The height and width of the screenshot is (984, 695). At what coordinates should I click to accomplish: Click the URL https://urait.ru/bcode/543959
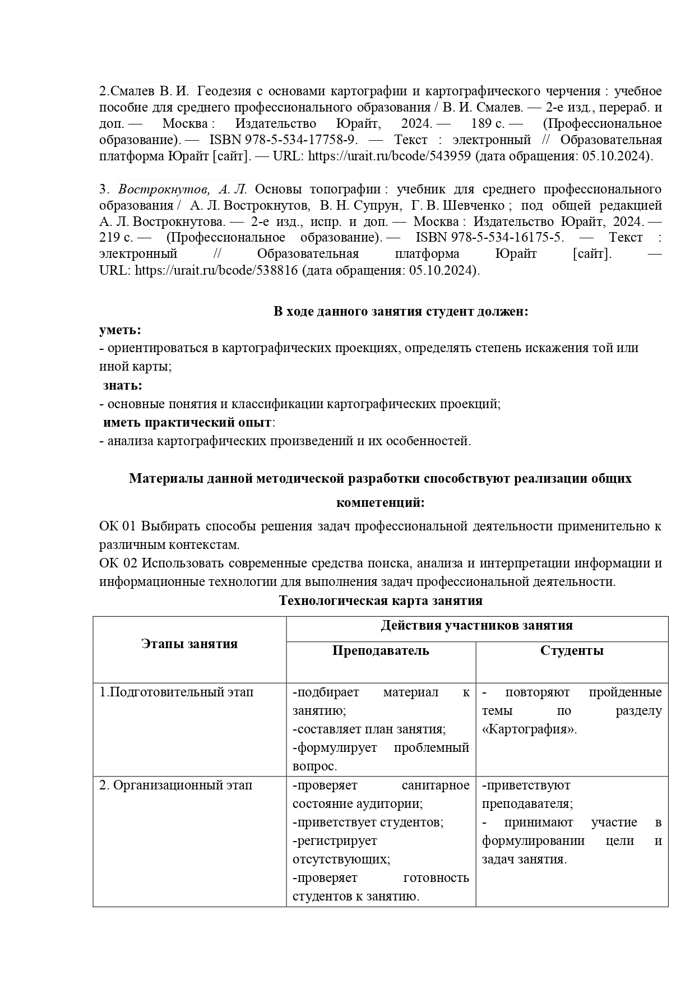click(x=389, y=156)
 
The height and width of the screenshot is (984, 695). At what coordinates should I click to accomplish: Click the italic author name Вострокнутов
click(x=157, y=189)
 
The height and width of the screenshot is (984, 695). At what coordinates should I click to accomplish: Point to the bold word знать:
click(x=123, y=385)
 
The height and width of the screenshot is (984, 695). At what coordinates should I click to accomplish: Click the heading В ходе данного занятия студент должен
click(x=400, y=311)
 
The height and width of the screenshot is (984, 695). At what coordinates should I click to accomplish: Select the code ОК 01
click(x=118, y=526)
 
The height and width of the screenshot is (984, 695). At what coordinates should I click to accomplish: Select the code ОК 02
click(x=118, y=563)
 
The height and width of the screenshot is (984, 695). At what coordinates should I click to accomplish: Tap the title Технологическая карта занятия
click(x=381, y=600)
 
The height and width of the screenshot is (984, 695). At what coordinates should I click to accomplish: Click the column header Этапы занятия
click(x=189, y=643)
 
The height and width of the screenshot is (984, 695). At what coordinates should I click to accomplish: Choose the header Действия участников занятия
click(x=476, y=625)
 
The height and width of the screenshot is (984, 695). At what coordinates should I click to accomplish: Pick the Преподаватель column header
click(x=381, y=650)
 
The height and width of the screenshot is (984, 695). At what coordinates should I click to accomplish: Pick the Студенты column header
click(x=572, y=650)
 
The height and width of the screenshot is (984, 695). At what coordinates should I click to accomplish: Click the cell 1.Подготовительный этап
click(x=177, y=692)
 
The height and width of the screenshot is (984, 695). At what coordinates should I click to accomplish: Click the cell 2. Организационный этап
click(x=176, y=785)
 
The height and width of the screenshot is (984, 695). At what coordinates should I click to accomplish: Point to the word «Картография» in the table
click(x=529, y=729)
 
